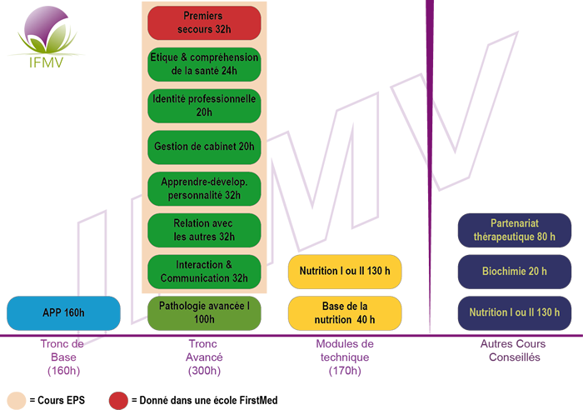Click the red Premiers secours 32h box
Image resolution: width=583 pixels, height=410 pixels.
coord(204,22)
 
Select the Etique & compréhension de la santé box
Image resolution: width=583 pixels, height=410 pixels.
coord(204,64)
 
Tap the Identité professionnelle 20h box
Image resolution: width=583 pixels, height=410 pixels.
coord(204,106)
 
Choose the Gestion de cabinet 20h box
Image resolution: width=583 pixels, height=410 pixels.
coord(204,147)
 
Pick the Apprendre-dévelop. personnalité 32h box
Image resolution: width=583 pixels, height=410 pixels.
coord(204,188)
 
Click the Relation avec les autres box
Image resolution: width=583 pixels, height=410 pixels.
coord(204,230)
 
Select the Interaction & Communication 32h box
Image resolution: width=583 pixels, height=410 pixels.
coord(204,272)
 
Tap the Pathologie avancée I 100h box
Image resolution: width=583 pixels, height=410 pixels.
coord(204,313)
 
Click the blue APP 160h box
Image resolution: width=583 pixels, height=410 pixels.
coord(63,313)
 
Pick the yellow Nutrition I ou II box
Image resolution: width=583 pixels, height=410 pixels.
coord(345,272)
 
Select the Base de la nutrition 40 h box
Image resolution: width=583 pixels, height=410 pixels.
coord(345,313)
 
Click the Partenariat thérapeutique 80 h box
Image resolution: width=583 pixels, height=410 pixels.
coord(515,230)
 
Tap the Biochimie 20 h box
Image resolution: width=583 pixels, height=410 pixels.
coord(515,272)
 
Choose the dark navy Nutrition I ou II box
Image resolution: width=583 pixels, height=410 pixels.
coord(515,313)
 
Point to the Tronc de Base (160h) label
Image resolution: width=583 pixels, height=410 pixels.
coord(62,357)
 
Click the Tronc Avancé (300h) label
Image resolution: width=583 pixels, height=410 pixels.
coord(204,357)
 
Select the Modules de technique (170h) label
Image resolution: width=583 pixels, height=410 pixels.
coord(345,357)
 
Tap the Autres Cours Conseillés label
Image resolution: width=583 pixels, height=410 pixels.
coord(514,351)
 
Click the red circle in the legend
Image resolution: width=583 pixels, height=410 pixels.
coord(118,401)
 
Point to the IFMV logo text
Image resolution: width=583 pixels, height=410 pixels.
coord(46,62)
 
